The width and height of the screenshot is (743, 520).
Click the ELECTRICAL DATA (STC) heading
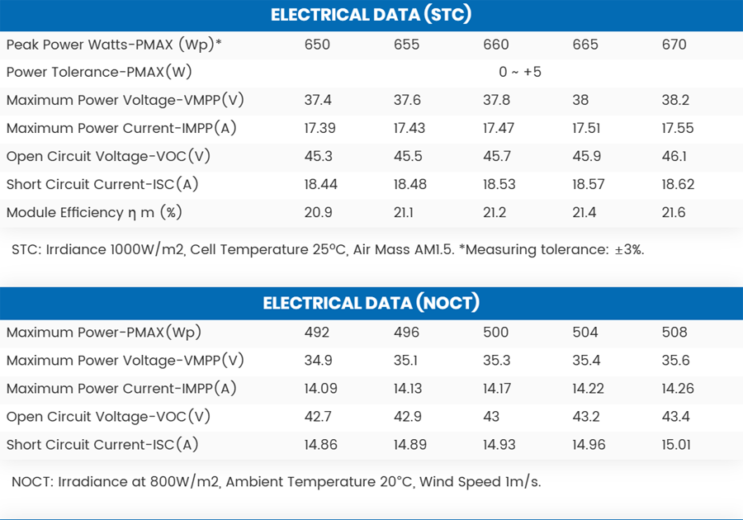371,15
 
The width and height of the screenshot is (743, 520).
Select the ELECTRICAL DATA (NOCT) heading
371,303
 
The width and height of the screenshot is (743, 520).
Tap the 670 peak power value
674,45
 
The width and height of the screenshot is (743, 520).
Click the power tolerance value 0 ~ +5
520,72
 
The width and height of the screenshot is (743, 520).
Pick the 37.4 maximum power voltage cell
318,100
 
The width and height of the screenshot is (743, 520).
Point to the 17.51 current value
588,128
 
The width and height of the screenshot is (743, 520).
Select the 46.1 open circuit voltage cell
674,156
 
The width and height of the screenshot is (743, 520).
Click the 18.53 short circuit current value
499,184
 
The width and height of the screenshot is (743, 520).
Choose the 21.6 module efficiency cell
674,212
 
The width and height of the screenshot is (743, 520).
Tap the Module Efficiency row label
93,212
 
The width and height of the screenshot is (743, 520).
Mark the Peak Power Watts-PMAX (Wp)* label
114,45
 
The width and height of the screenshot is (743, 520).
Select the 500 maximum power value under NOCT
496,332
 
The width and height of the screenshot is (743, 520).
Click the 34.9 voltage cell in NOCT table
318,360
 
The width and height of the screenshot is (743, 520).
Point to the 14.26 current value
678,388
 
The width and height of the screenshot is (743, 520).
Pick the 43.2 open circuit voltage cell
585,416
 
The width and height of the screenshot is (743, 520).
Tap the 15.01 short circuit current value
678,444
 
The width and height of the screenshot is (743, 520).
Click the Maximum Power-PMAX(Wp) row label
104,332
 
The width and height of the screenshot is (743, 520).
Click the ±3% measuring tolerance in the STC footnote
627,249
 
